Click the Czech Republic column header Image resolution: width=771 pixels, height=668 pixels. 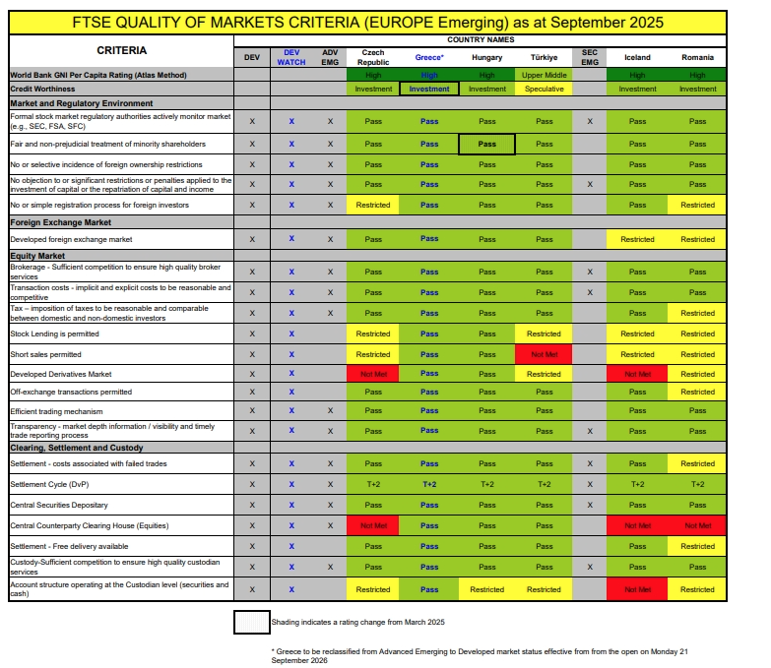(x=373, y=57)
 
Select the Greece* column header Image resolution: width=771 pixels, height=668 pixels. (x=429, y=57)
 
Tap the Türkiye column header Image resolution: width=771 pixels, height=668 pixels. (x=544, y=57)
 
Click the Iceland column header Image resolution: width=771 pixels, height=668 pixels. (x=637, y=57)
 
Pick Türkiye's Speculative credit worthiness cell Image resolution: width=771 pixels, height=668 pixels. (x=544, y=89)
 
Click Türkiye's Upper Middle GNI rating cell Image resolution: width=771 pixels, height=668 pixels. (x=544, y=75)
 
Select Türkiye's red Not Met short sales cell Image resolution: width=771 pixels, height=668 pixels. (x=544, y=354)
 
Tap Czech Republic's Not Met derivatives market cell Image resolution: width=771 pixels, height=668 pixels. (x=373, y=374)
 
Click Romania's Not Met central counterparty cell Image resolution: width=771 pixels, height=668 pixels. (x=697, y=526)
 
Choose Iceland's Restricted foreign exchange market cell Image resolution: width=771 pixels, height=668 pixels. (x=637, y=239)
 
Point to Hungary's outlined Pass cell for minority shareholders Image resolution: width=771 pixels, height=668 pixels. (x=486, y=144)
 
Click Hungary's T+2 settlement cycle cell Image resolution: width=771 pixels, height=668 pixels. (x=486, y=484)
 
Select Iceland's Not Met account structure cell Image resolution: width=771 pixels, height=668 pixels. (x=637, y=589)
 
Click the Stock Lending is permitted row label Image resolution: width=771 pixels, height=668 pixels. (x=54, y=334)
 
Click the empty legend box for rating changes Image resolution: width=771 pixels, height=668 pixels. (x=251, y=622)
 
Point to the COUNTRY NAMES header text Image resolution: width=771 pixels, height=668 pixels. (x=480, y=39)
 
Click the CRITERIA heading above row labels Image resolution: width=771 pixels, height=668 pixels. (x=122, y=50)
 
